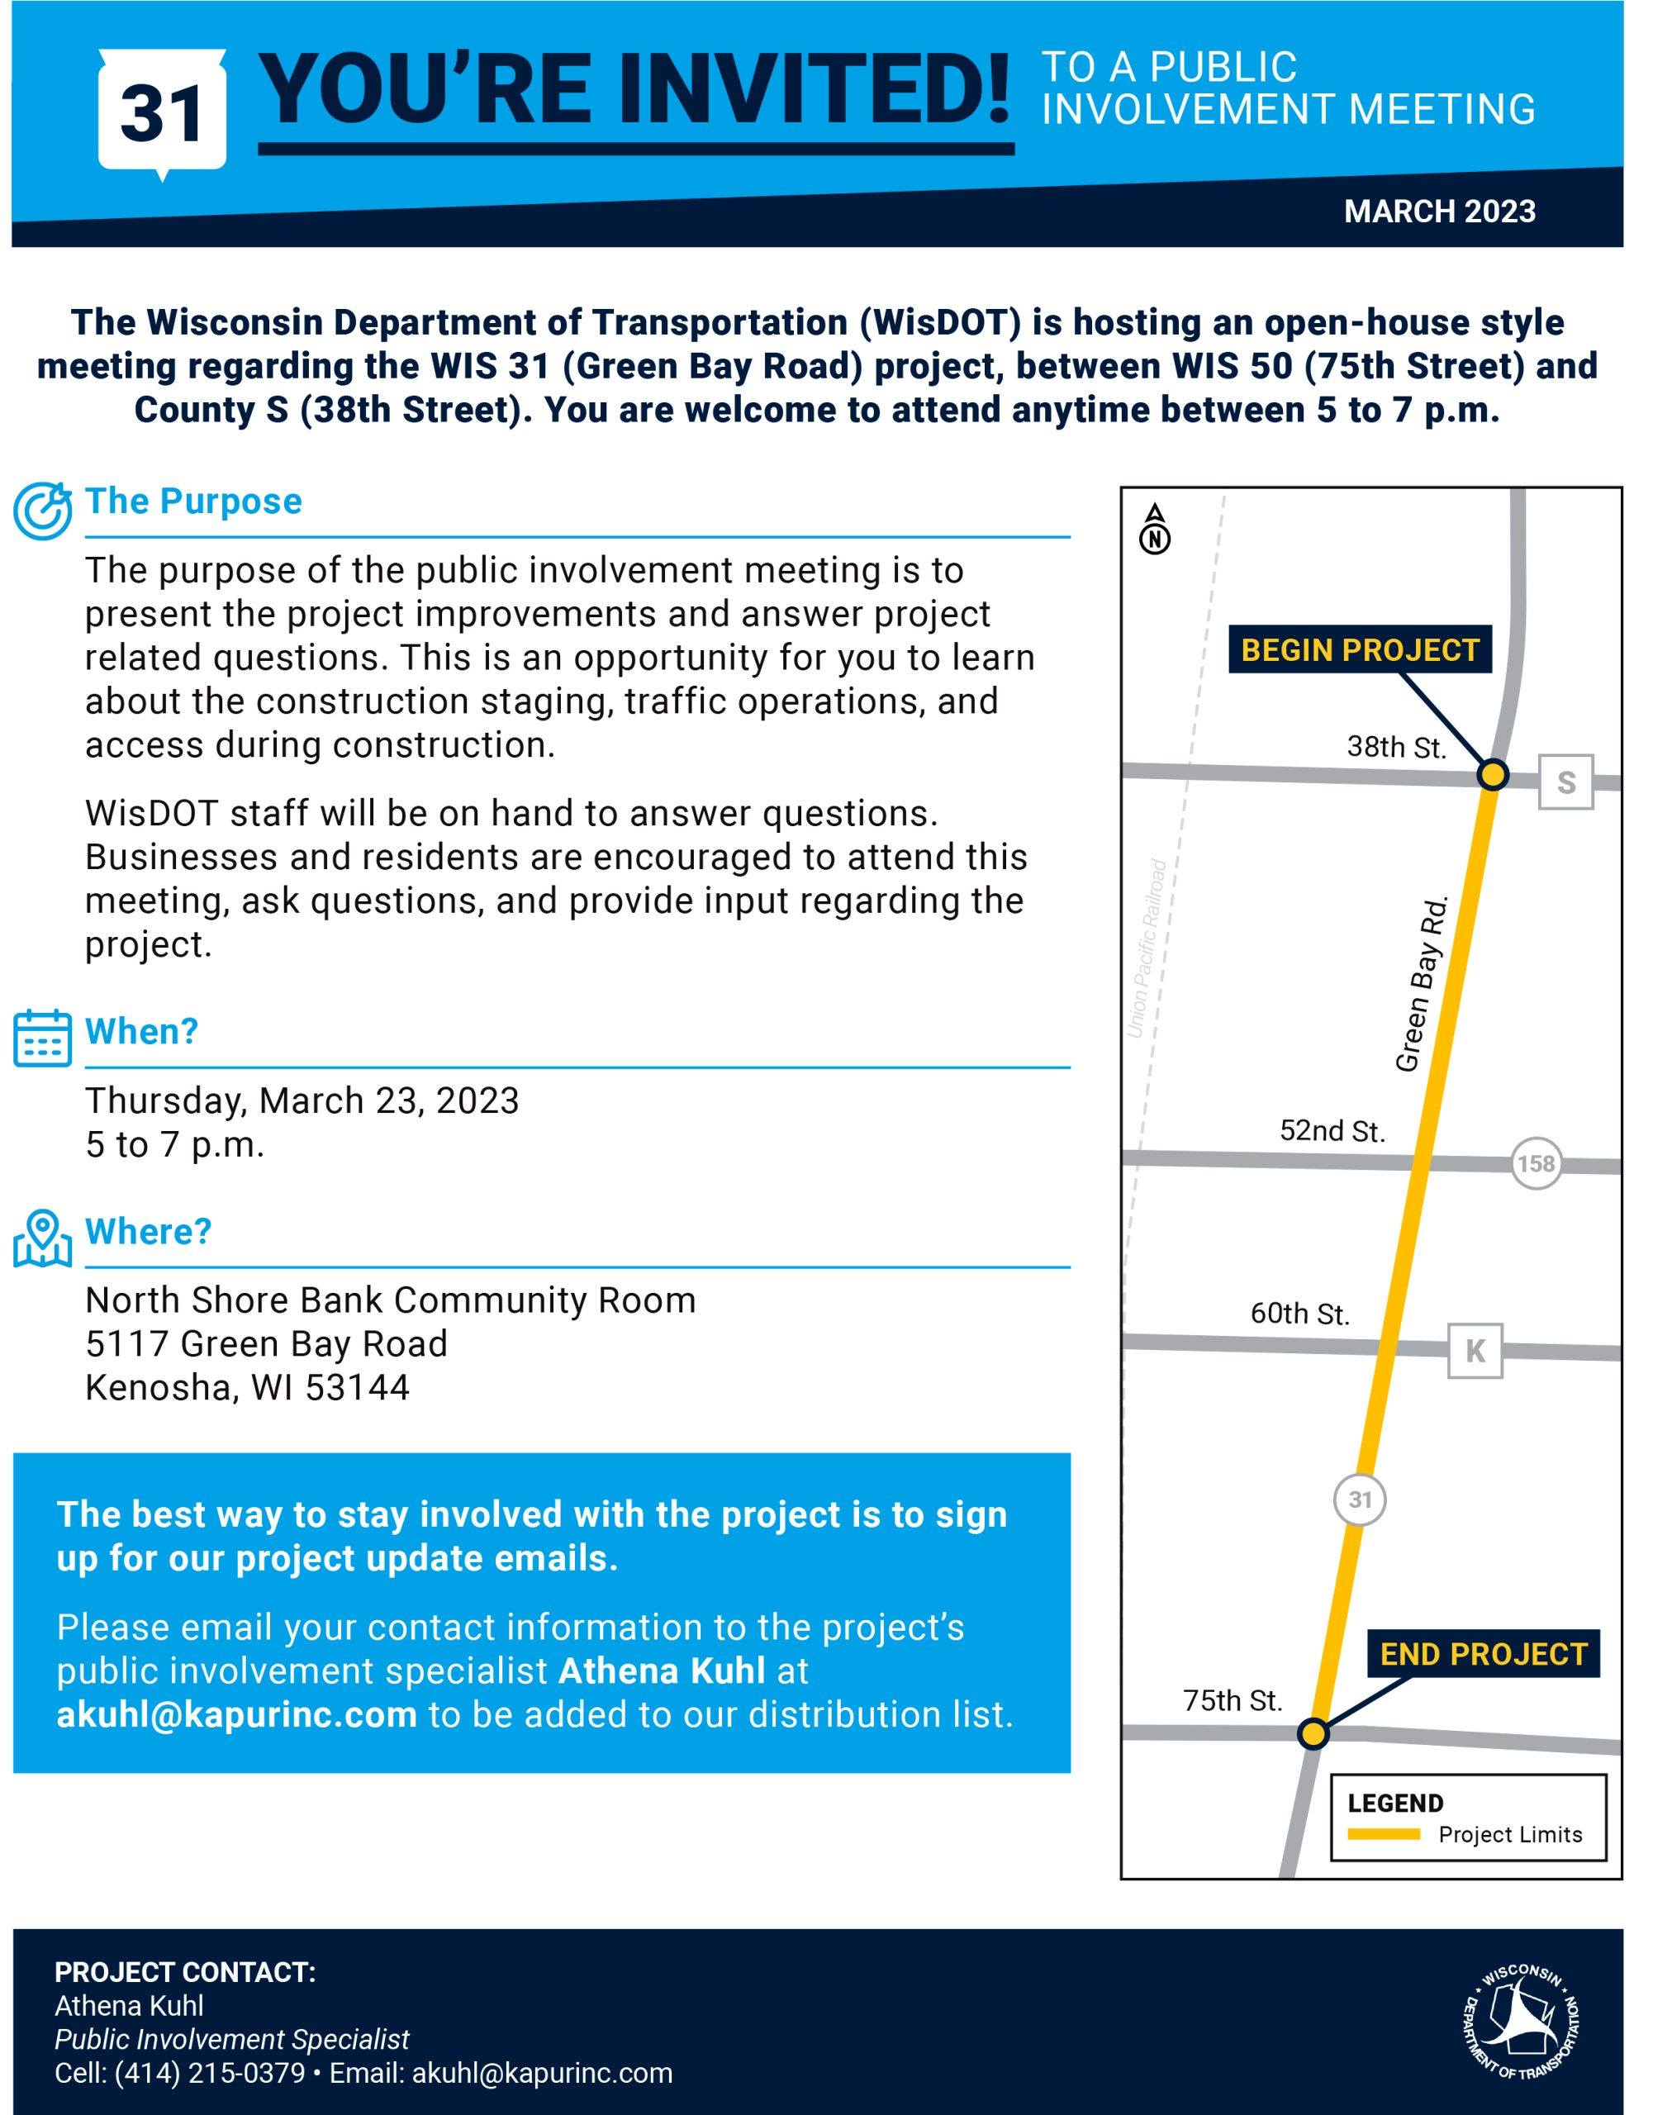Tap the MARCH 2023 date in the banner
(1439, 212)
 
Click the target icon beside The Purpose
(43, 511)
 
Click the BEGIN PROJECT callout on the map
(1360, 650)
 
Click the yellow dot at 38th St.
(1492, 775)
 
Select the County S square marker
(1565, 782)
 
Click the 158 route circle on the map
(1536, 1163)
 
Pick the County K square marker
(1475, 1350)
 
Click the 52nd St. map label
(1332, 1131)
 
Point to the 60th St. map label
(1299, 1313)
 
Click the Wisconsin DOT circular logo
(1522, 2022)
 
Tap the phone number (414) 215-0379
(209, 2074)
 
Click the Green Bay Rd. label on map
(1422, 984)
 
